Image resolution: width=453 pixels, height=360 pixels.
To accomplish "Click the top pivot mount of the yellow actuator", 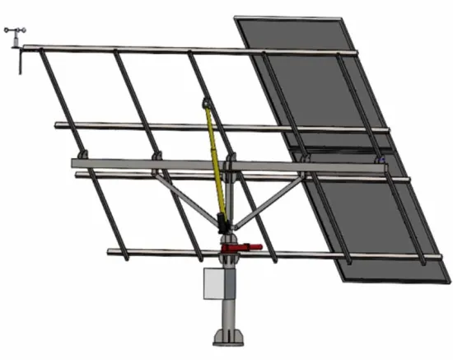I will coord(205,105).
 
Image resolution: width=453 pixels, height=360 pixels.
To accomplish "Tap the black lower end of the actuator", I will coord(222,222).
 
